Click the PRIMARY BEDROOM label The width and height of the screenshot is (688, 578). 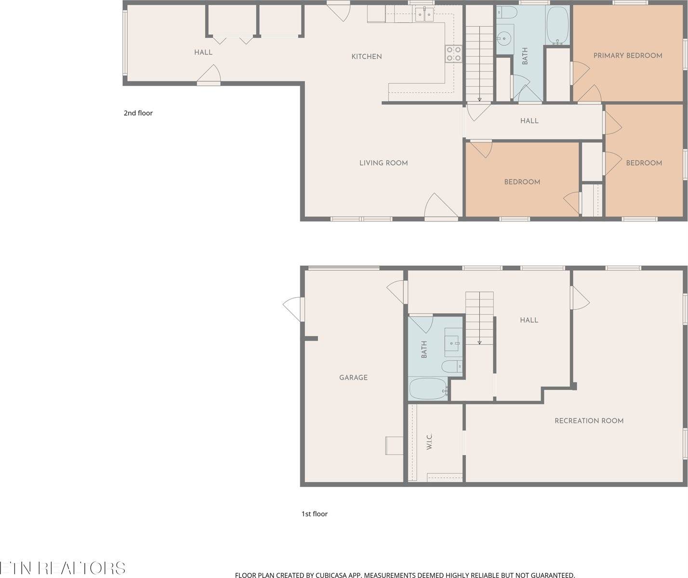(627, 55)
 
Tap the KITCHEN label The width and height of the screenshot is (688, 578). (366, 56)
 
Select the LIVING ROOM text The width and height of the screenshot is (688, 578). (384, 163)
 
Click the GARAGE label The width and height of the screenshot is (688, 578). (353, 378)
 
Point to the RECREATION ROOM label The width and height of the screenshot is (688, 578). (589, 420)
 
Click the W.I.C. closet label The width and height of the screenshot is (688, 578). (429, 442)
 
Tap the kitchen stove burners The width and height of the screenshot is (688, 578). (453, 53)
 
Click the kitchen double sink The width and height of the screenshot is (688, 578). (424, 14)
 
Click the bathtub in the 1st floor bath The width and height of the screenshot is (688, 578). (428, 388)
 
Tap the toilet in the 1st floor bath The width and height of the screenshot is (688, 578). (451, 367)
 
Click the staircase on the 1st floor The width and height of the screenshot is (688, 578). (479, 318)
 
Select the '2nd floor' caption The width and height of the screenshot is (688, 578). (138, 113)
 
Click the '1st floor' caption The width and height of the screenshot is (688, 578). (314, 514)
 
